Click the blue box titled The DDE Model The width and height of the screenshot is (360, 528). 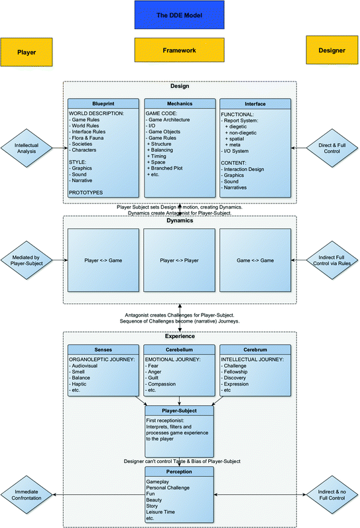[x=179, y=14]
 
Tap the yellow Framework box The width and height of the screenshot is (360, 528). [x=179, y=50]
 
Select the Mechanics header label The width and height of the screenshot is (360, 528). [x=179, y=104]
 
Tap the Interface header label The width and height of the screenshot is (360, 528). [x=255, y=104]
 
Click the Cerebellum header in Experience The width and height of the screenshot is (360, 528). [x=179, y=348]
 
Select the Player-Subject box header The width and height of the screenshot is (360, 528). [x=179, y=411]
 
